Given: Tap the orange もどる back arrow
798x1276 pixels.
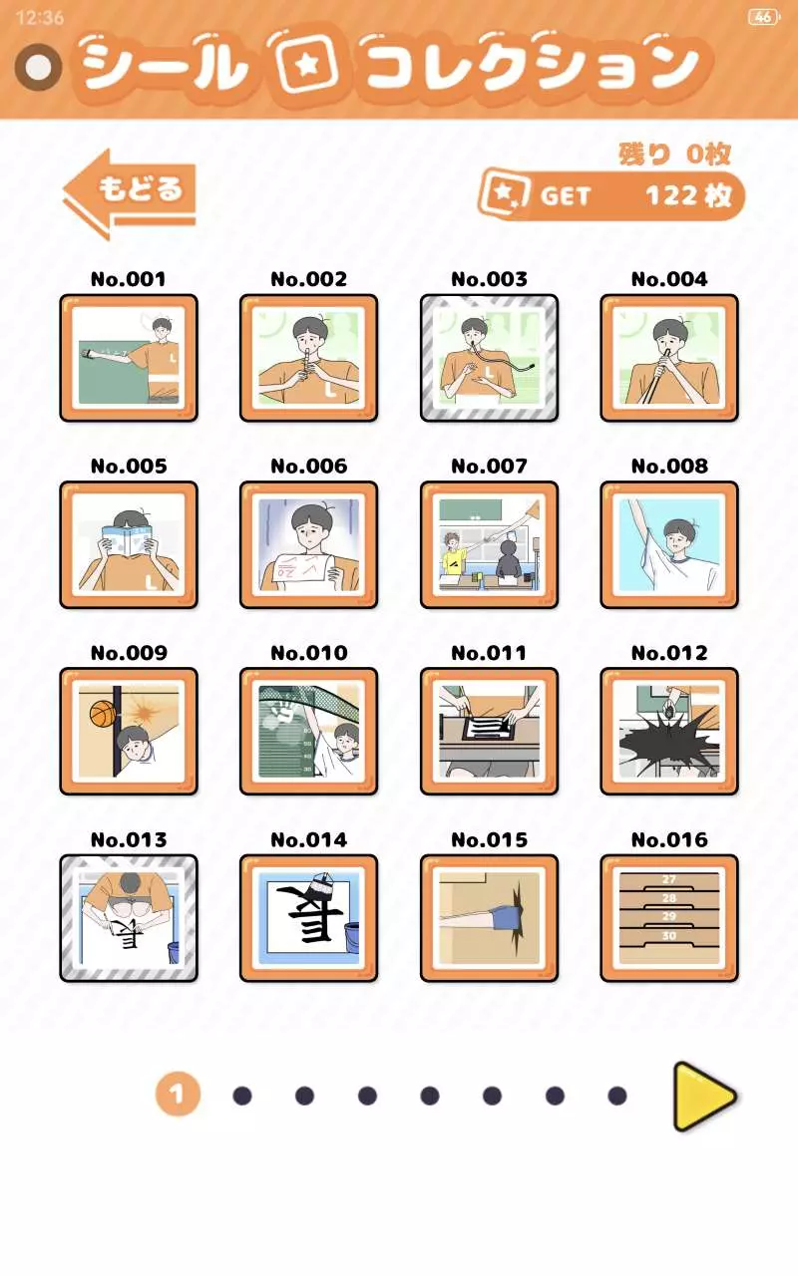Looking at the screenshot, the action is tap(130, 194).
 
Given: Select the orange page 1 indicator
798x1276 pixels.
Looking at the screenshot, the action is tap(178, 1094).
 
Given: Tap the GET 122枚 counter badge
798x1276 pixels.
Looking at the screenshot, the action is tap(611, 195).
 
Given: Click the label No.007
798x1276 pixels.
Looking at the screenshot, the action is tap(489, 466).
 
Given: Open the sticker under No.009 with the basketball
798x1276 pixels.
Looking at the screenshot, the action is tap(129, 732).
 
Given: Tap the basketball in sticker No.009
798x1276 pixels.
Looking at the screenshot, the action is tap(103, 713).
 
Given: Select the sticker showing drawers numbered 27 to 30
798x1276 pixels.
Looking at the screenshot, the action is tap(669, 918).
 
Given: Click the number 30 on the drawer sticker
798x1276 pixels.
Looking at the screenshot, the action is tap(669, 935).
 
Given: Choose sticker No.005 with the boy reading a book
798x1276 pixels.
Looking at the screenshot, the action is tap(129, 544).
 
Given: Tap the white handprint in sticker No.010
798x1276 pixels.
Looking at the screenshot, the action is tap(283, 711).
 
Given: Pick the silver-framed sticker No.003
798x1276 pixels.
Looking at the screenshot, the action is tap(489, 358).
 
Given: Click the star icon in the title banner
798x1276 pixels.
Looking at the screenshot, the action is tap(306, 65).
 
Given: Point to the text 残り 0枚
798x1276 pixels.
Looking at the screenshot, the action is tap(675, 154).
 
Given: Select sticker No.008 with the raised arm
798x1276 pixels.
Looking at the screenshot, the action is tap(669, 544).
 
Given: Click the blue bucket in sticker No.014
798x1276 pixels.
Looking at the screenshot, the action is tap(352, 936).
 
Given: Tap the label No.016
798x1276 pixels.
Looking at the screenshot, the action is tap(669, 839).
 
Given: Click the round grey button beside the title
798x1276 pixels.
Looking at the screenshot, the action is tap(39, 67).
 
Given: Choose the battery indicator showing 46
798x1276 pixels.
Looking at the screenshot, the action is tap(764, 17).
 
